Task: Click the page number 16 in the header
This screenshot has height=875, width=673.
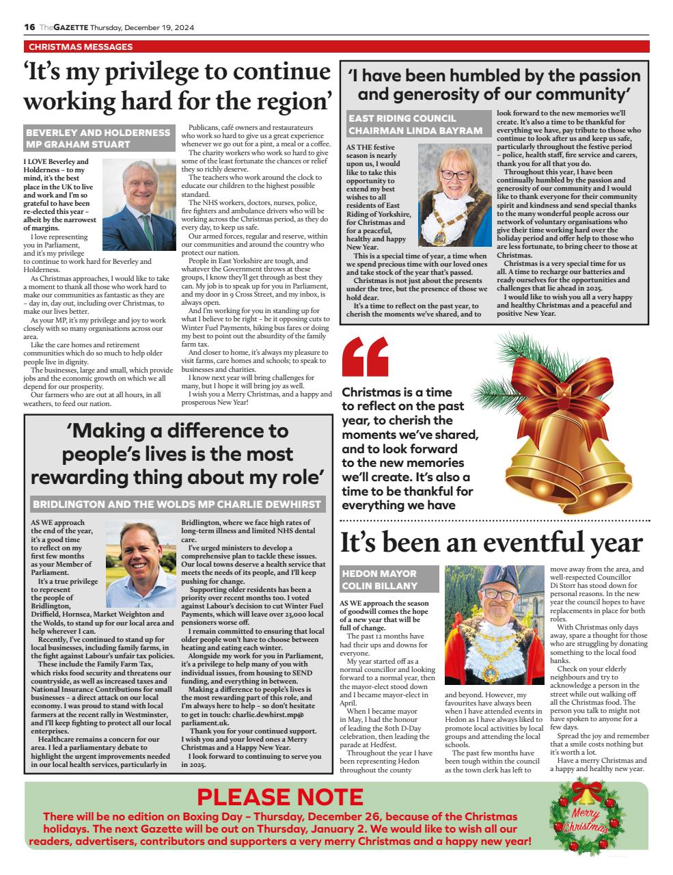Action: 29,27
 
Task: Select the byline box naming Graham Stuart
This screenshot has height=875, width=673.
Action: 98,138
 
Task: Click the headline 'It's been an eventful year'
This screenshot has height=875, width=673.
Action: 491,543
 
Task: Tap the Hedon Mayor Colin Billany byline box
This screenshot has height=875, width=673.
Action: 389,580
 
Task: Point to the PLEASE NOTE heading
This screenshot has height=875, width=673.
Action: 280,797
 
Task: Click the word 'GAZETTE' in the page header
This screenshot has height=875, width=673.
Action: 72,27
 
